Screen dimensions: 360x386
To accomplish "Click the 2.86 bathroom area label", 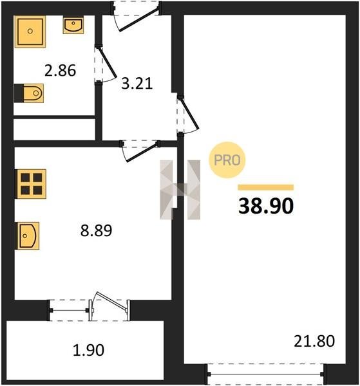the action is pyautogui.click(x=61, y=70).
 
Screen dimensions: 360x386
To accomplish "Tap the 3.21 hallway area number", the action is pyautogui.click(x=137, y=84).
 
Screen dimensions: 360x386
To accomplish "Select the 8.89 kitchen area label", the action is pyautogui.click(x=97, y=230).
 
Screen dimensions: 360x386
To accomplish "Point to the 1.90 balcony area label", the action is pyautogui.click(x=88, y=350).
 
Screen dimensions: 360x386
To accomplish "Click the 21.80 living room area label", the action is pyautogui.click(x=314, y=341).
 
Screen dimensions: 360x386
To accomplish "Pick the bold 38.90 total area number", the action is pyautogui.click(x=266, y=206).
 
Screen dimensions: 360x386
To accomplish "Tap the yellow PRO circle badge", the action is pyautogui.click(x=227, y=160).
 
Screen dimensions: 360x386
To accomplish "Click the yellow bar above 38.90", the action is pyautogui.click(x=265, y=187).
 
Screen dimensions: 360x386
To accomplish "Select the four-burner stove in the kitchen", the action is pyautogui.click(x=31, y=183).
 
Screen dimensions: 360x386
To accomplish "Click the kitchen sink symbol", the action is pyautogui.click(x=28, y=235).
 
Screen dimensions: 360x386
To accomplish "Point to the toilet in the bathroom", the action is pyautogui.click(x=29, y=93).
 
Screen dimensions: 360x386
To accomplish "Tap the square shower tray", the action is pyautogui.click(x=30, y=32).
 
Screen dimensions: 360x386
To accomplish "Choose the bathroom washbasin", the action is pyautogui.click(x=73, y=25).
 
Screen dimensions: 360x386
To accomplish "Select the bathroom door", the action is pyautogui.click(x=106, y=63).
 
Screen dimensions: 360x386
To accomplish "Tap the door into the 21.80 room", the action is pyautogui.click(x=189, y=115).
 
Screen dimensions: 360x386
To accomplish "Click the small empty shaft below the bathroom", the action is pyautogui.click(x=54, y=129).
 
